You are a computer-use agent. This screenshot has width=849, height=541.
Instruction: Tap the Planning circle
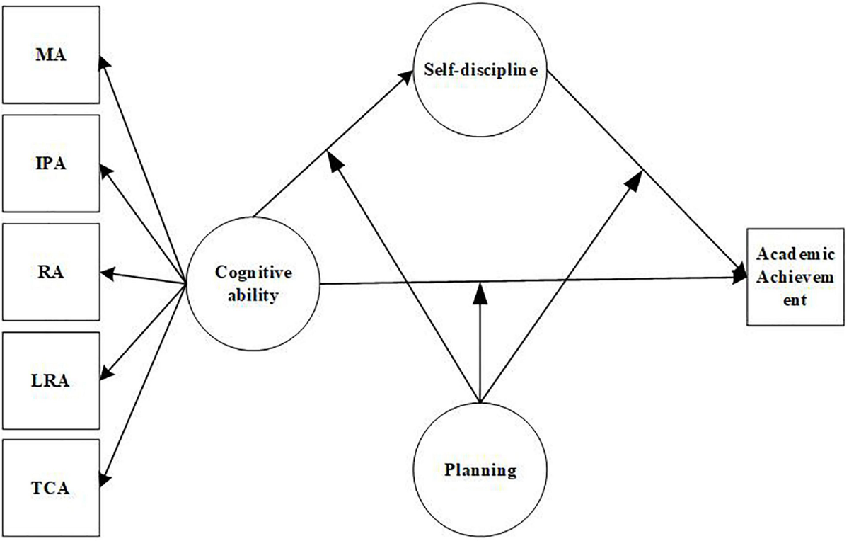(x=480, y=469)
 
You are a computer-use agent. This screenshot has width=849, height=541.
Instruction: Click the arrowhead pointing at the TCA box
(x=104, y=478)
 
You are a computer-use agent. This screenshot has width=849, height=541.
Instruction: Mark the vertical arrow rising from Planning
(x=480, y=340)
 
